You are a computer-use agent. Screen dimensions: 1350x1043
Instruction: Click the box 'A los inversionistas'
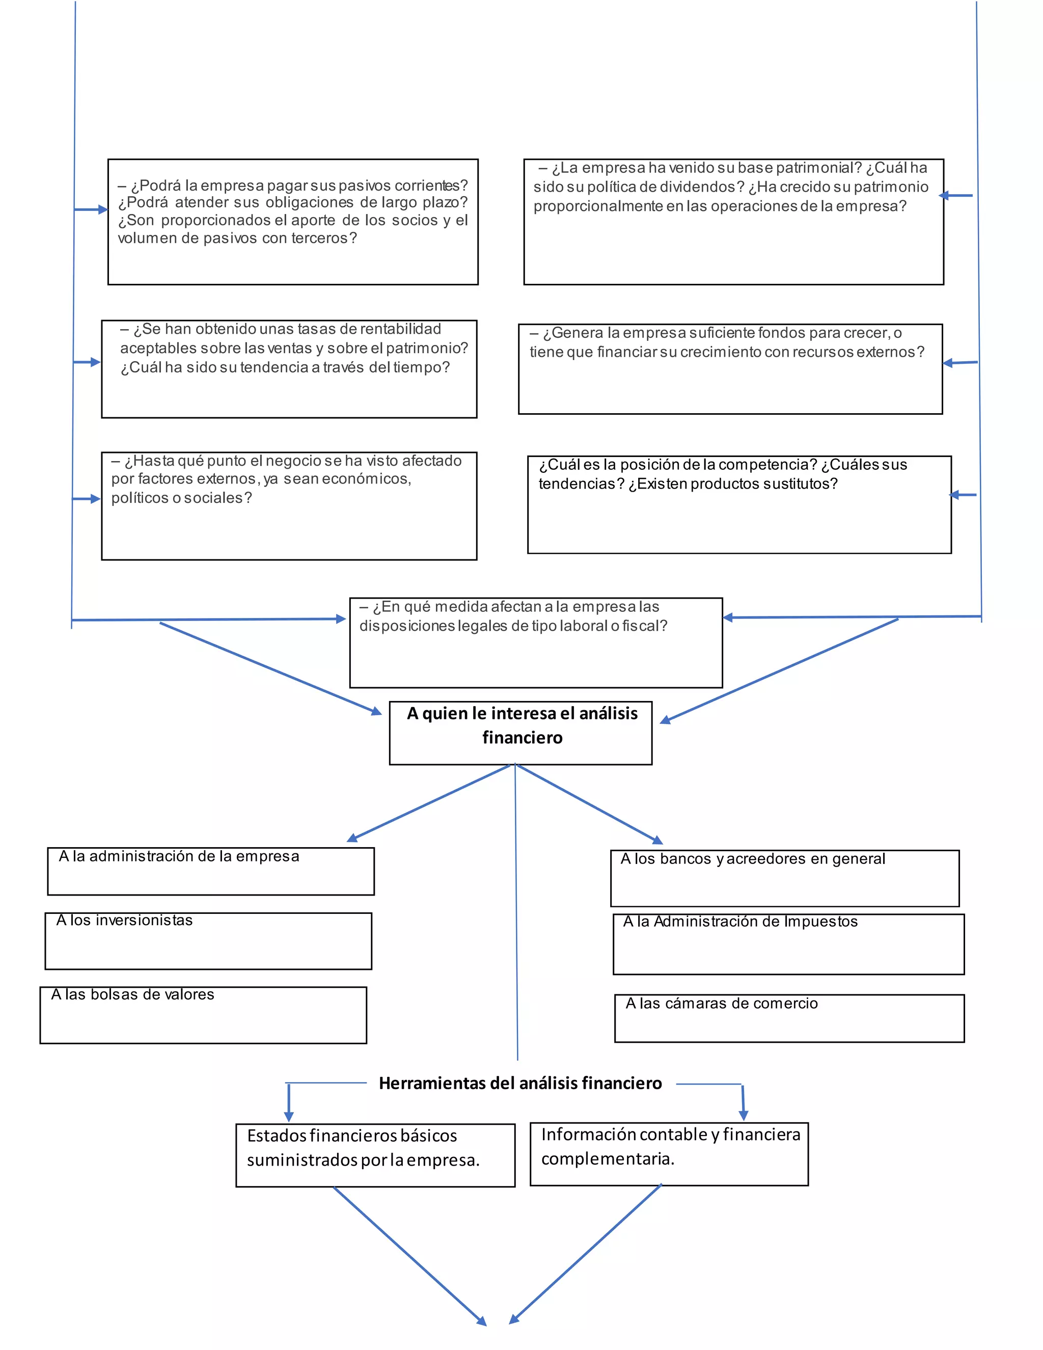(208, 941)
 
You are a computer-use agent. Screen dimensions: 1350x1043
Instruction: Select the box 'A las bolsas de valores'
(203, 1015)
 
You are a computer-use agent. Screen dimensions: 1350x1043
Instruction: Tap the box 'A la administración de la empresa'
(211, 871)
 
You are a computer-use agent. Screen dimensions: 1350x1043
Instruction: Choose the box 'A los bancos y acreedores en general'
(785, 878)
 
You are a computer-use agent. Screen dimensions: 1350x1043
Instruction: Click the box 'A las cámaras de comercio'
(789, 1018)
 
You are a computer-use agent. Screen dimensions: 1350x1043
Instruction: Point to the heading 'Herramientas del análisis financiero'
(520, 1084)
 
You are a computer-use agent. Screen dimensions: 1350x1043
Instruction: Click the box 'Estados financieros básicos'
(375, 1155)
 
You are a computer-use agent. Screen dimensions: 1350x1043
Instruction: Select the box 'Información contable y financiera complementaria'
(669, 1154)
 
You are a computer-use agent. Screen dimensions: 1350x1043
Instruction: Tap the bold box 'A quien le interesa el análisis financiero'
(521, 733)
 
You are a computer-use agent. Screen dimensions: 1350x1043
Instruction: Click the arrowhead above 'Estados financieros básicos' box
(289, 1116)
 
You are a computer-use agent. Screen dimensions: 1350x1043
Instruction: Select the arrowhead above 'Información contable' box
(744, 1115)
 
